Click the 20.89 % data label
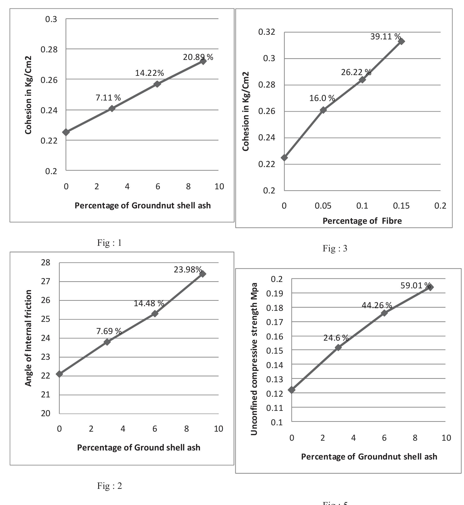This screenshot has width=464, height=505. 198,57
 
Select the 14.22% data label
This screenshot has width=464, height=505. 149,73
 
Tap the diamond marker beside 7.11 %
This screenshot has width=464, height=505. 112,108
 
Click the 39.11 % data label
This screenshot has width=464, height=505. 385,37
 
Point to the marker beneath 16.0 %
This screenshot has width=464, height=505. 323,110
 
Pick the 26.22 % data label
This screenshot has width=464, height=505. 356,72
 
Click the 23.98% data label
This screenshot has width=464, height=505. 188,269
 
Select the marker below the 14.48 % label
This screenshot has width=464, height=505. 155,314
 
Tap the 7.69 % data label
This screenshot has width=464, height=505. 109,331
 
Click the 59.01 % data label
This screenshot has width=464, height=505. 416,285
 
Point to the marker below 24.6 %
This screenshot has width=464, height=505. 338,347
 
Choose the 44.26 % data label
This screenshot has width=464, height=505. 377,305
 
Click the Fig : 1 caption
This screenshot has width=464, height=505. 110,243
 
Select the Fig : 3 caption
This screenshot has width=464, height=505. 335,248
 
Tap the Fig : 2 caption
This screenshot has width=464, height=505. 110,486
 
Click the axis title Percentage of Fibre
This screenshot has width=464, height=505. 362,221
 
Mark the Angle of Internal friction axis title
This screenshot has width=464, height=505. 28,338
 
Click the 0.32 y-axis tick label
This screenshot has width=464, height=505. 267,32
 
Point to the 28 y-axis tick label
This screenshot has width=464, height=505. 46,263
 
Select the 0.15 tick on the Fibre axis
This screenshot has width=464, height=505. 401,206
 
